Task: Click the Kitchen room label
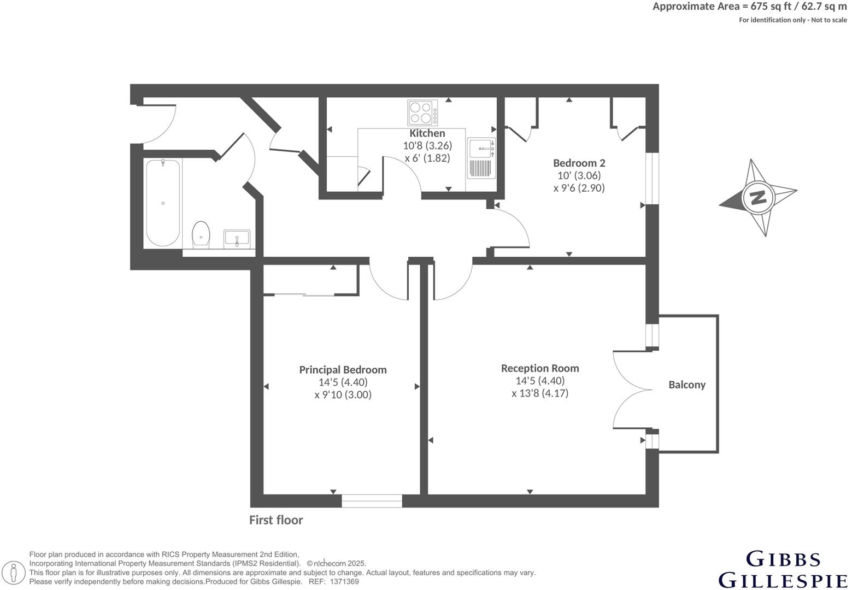click(427, 133)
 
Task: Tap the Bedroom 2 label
click(579, 163)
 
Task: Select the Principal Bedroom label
click(343, 370)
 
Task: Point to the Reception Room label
click(539, 368)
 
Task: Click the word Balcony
click(686, 385)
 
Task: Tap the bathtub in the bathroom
click(163, 202)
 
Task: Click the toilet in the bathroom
click(201, 235)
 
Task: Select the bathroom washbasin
click(237, 238)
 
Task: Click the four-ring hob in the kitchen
click(422, 113)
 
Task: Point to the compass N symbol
click(757, 197)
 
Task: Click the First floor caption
click(275, 520)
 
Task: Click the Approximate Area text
click(749, 7)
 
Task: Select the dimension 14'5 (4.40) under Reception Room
click(539, 381)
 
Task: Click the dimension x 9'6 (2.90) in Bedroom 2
click(579, 188)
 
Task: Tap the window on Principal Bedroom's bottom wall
click(372, 500)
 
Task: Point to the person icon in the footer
click(15, 574)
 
